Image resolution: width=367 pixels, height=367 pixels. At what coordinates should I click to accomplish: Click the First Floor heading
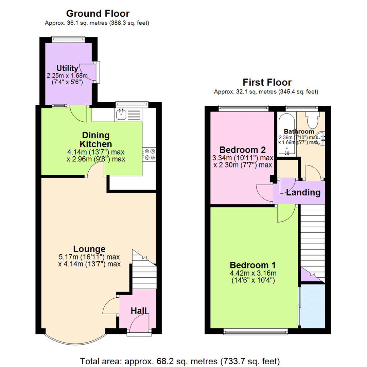pyautogui.click(x=267, y=82)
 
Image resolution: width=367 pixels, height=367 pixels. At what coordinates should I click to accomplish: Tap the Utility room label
pyautogui.click(x=67, y=68)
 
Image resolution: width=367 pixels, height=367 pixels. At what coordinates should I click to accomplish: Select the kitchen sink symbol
pyautogui.click(x=121, y=115)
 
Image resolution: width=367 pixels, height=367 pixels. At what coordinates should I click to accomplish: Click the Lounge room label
pyautogui.click(x=89, y=249)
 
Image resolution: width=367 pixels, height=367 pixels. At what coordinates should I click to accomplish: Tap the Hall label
pyautogui.click(x=139, y=310)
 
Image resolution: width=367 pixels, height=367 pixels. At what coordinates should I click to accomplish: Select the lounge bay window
pyautogui.click(x=75, y=336)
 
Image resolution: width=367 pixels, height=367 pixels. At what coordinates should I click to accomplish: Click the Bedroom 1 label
pyautogui.click(x=253, y=265)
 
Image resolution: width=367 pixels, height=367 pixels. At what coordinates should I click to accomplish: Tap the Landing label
pyautogui.click(x=303, y=193)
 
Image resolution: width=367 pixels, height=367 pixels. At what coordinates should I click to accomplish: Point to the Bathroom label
pyautogui.click(x=299, y=132)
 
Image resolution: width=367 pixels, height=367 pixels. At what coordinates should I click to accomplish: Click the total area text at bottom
pyautogui.click(x=180, y=360)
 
